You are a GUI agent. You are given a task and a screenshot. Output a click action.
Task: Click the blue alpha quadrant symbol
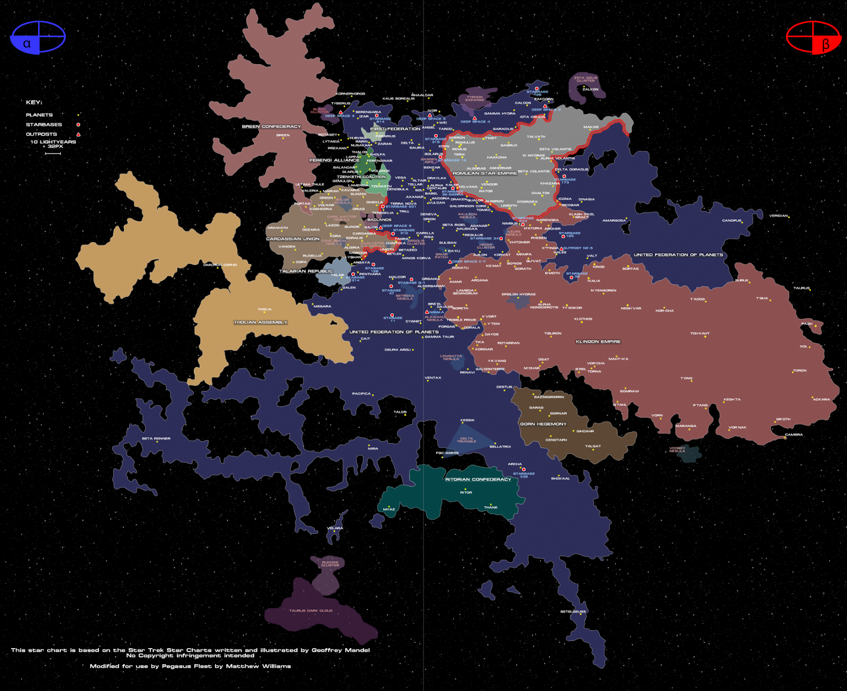click(x=38, y=37)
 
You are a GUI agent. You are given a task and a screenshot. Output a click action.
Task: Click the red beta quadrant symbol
click(x=813, y=37)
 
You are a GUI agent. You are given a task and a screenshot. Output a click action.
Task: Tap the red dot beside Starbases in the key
click(x=78, y=124)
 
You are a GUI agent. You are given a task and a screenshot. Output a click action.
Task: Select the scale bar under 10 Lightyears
click(x=53, y=154)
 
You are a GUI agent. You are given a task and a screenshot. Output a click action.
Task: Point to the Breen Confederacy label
click(x=271, y=127)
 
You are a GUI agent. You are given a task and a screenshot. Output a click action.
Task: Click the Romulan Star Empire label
click(x=484, y=173)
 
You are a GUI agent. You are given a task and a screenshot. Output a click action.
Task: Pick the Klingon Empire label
click(x=598, y=342)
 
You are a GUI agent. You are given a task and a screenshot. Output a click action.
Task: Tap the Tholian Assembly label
click(x=260, y=322)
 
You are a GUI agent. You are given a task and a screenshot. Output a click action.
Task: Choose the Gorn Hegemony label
click(x=543, y=424)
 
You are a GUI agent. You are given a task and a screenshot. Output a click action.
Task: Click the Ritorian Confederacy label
click(x=478, y=479)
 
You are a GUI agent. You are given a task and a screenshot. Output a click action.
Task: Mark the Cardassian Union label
click(x=292, y=239)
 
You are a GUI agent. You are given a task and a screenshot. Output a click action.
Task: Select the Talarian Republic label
click(x=306, y=271)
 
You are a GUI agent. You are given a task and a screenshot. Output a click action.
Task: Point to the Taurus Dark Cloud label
click(x=311, y=611)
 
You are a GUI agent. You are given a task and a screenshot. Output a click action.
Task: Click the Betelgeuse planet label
click(x=573, y=612)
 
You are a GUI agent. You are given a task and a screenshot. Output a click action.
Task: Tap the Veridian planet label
click(x=778, y=216)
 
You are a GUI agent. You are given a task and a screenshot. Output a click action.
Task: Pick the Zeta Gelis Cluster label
click(x=585, y=79)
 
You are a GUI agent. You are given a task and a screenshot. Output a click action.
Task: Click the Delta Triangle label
click(x=466, y=439)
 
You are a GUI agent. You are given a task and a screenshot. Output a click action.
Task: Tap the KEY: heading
click(x=34, y=102)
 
